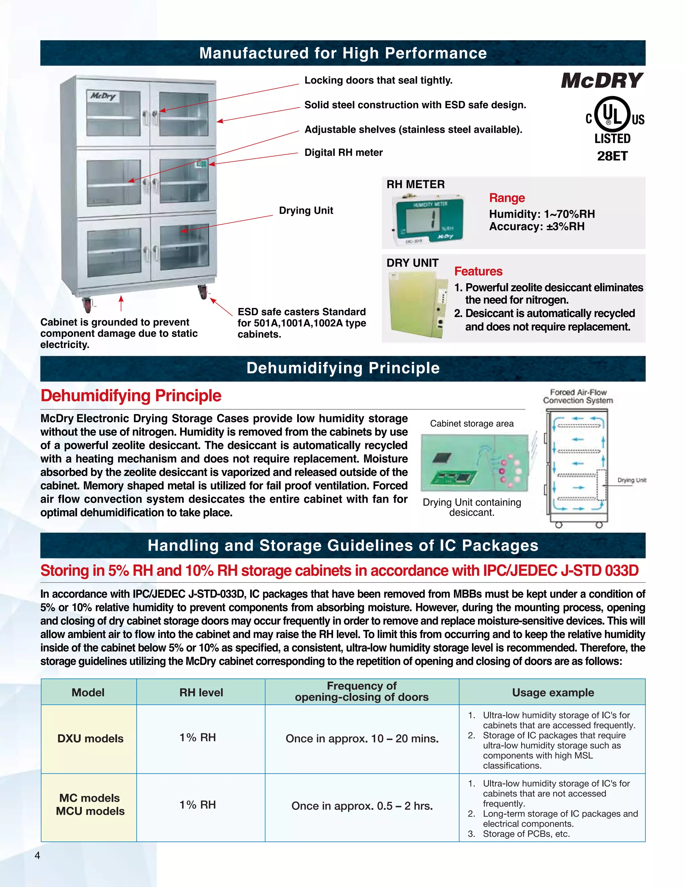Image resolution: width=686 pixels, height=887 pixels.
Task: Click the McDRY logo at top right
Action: pyautogui.click(x=602, y=80)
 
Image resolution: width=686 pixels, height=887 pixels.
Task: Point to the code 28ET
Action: pyautogui.click(x=612, y=156)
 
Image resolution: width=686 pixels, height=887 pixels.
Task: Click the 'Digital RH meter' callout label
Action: pyautogui.click(x=343, y=152)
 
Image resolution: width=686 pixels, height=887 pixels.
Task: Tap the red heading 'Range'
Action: pyautogui.click(x=507, y=198)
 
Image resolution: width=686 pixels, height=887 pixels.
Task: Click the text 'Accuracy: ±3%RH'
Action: pyautogui.click(x=537, y=227)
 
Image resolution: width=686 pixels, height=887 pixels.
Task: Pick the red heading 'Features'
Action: pyautogui.click(x=478, y=271)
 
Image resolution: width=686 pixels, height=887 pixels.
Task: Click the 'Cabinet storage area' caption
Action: pyautogui.click(x=471, y=424)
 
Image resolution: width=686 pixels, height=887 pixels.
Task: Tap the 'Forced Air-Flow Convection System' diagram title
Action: pyautogui.click(x=577, y=396)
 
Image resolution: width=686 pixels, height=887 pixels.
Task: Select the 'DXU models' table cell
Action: pyautogui.click(x=90, y=738)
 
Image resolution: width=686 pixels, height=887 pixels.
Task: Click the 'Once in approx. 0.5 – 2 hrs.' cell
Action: pyautogui.click(x=362, y=806)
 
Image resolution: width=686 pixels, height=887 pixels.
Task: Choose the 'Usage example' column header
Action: pyautogui.click(x=553, y=693)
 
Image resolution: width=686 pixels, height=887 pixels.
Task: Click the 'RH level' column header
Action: pyautogui.click(x=201, y=693)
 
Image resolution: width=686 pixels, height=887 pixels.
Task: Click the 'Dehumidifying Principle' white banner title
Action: pyautogui.click(x=343, y=368)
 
